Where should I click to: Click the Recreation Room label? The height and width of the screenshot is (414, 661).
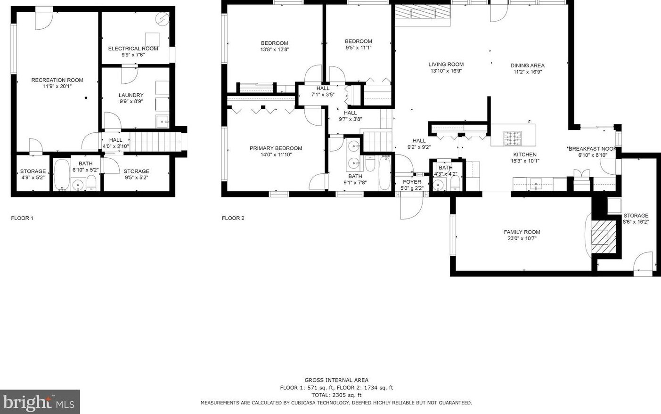57,80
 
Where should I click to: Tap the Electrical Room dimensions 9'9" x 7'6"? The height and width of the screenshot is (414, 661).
133,55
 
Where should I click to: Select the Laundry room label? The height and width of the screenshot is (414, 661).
131,95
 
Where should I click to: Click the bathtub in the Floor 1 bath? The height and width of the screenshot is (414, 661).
62,174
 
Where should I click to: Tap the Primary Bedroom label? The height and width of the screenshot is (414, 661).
276,148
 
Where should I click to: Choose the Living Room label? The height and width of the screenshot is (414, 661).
446,65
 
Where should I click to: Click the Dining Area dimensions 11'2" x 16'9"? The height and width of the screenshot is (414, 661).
528,72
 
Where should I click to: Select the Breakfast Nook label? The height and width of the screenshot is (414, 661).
593,149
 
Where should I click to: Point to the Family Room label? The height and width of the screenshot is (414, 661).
522,232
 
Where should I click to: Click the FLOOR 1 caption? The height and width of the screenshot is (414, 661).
22,218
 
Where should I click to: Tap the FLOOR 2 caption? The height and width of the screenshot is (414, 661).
233,218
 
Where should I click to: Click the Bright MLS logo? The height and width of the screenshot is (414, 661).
40,402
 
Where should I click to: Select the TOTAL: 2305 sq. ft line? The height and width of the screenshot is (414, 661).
336,395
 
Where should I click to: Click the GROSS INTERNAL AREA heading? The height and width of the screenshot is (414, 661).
336,380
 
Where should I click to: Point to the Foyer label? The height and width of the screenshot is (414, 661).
412,182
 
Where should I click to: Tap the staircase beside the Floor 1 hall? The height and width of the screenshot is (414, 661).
155,142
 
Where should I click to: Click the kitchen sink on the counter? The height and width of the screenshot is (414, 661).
536,185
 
